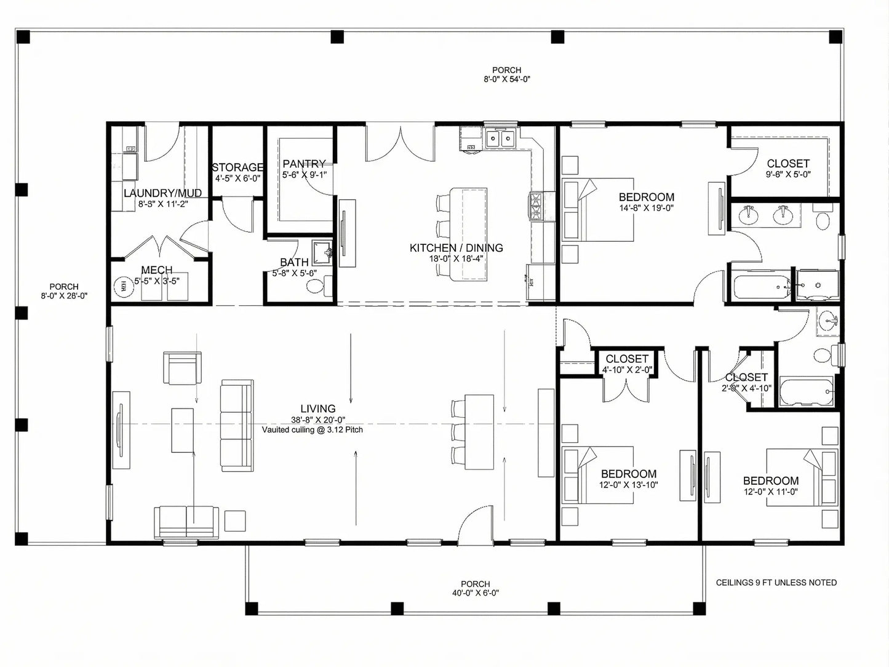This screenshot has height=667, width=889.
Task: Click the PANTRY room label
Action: pos(304,164)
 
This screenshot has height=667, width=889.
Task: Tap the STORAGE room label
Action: pos(237,167)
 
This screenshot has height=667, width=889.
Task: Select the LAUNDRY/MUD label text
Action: pos(162,193)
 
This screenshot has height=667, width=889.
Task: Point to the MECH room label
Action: pos(156,270)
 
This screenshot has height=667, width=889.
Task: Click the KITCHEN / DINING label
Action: pos(456,248)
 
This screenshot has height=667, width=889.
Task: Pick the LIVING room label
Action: pos(318,409)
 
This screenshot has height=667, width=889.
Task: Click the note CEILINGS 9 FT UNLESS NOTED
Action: pos(776,582)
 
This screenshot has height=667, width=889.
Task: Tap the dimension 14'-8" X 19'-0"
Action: pos(646,208)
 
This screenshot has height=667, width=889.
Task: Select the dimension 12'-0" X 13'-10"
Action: pos(629,485)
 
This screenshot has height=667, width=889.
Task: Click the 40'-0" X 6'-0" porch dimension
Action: pos(476,593)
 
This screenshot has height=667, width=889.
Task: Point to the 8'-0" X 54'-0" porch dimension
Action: pos(506,79)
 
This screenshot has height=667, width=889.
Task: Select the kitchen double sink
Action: pos(500,139)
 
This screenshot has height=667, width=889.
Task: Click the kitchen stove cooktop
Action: pos(534,206)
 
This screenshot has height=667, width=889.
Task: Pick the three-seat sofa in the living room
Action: pos(237,426)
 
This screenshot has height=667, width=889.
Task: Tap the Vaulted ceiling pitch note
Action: pos(312,429)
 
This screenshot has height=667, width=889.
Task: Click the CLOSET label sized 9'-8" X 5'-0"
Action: pos(788,164)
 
